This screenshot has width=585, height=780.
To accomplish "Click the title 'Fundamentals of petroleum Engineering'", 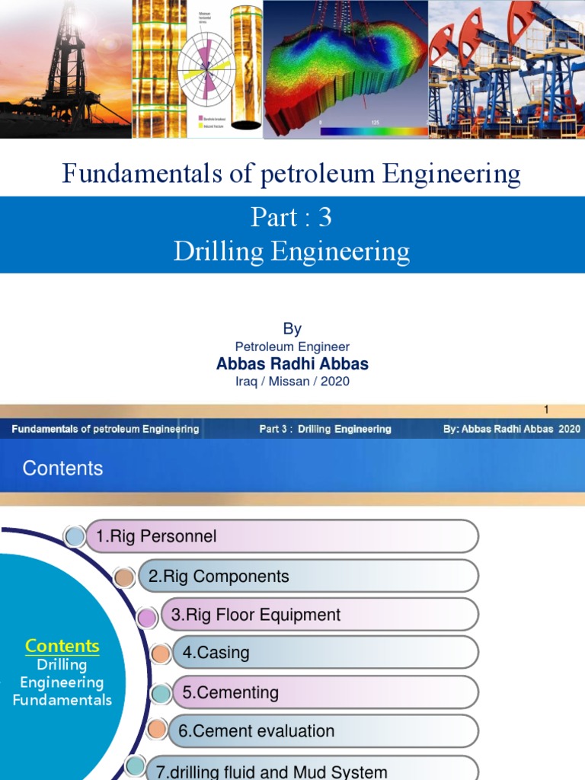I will (x=292, y=174).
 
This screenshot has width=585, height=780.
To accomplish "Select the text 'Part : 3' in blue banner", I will (x=292, y=218).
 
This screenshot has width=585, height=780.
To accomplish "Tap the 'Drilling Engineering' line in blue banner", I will (x=292, y=251).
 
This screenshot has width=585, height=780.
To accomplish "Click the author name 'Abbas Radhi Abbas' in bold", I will (x=292, y=364).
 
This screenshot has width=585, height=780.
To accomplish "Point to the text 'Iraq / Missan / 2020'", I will (x=292, y=381).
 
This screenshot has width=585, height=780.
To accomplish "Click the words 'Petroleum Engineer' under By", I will (x=292, y=347).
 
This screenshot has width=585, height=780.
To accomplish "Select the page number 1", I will (x=546, y=410).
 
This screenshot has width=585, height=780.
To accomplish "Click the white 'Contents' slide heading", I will (x=62, y=468).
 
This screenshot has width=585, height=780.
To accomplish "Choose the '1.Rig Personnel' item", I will (x=156, y=536).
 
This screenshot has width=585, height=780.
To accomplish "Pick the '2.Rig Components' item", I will (x=219, y=577).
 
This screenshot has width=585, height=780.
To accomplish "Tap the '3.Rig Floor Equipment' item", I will (x=256, y=615).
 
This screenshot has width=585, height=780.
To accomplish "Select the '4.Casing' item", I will (x=216, y=653).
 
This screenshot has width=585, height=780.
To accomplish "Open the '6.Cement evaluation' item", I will (x=256, y=731).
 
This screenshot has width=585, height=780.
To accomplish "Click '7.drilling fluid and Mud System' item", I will (x=271, y=771).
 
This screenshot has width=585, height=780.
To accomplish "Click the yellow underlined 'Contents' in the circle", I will (x=62, y=646).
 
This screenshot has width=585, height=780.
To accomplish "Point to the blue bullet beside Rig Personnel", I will (x=75, y=537).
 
